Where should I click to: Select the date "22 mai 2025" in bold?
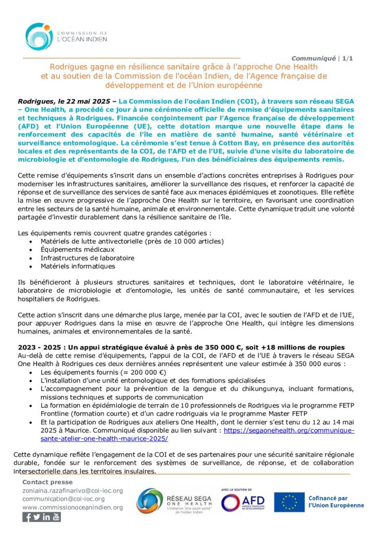coord(86,97)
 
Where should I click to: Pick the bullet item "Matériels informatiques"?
coord(78,266)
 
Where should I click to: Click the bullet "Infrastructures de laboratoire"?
coord(87,258)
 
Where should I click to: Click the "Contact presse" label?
coord(47,483)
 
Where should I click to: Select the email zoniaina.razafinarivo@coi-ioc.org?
coord(72,491)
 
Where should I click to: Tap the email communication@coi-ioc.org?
coord(64,499)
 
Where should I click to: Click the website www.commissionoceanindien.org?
coord(72,507)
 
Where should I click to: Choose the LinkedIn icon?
coord(46,517)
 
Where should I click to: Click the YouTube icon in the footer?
coord(56,517)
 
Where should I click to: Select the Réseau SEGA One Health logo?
coord(174,501)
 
